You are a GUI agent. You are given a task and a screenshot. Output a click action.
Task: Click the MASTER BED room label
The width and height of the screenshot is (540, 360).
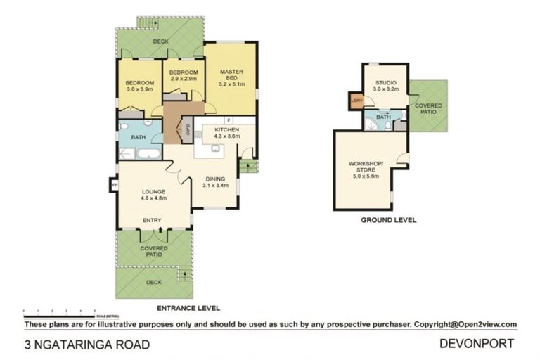click(x=231, y=75)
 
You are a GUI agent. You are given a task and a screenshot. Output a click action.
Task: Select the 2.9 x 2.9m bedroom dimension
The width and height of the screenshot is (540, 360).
click(x=184, y=79)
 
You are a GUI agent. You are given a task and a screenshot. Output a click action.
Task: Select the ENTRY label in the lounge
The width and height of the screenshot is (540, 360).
click(x=153, y=221)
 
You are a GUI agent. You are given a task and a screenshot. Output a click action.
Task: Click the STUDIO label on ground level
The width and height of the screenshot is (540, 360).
click(x=385, y=82)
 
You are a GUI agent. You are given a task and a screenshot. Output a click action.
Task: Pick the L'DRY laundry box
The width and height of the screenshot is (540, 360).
click(x=356, y=100)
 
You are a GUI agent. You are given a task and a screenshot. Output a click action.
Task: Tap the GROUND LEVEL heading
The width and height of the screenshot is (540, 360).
click(x=388, y=220)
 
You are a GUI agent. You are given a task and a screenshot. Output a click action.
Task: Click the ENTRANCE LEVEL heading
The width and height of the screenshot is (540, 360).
click(x=188, y=308)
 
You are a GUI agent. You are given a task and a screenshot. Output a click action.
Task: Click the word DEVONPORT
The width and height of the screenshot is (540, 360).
click(x=477, y=343)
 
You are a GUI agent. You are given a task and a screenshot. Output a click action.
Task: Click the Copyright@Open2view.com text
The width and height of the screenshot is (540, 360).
click(x=465, y=324)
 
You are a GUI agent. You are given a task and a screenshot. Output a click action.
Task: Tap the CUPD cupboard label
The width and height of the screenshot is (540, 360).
click(x=188, y=129)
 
